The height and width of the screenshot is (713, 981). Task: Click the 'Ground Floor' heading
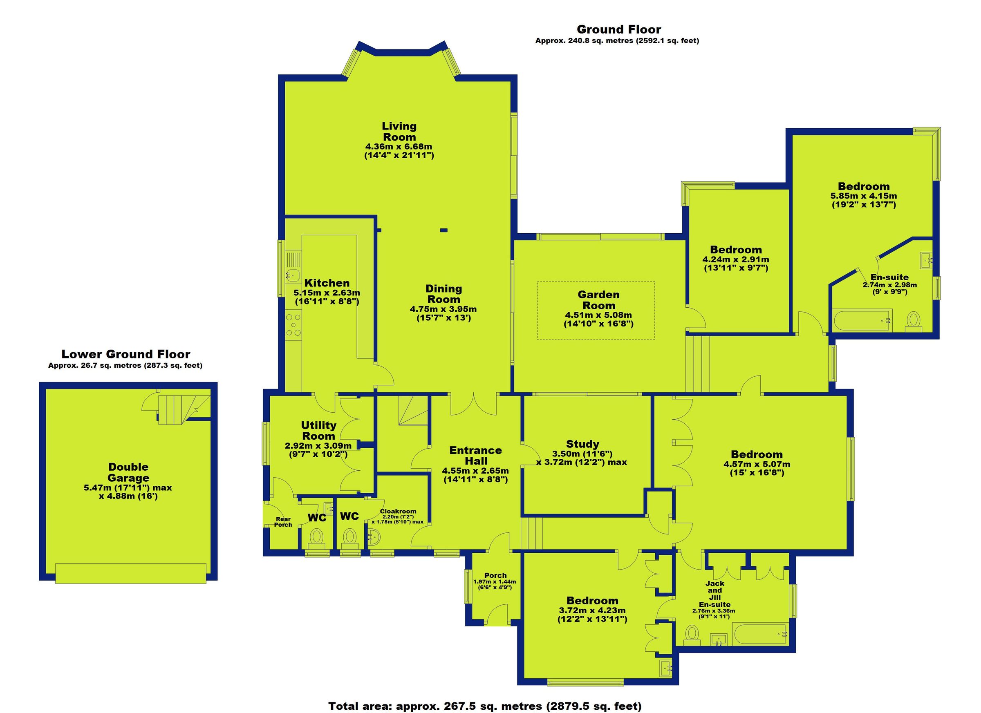[618, 30]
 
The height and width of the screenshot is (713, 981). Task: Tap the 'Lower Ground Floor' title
[125, 354]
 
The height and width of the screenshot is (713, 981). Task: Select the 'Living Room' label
[399, 132]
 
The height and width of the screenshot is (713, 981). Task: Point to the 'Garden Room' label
[599, 300]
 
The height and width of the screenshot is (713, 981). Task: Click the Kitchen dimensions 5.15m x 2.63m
[327, 293]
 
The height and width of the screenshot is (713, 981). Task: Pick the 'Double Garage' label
[128, 472]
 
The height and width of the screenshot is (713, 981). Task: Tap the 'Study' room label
[582, 444]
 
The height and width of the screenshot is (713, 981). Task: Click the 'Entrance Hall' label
[475, 455]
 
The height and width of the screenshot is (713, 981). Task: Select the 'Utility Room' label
[319, 430]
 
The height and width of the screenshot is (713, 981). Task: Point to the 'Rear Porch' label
[283, 522]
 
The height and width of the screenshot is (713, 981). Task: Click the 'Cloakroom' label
[398, 511]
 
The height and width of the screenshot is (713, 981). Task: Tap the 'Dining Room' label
[444, 294]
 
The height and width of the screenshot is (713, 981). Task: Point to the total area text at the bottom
[484, 706]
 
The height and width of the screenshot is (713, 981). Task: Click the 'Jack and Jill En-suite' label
[714, 594]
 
